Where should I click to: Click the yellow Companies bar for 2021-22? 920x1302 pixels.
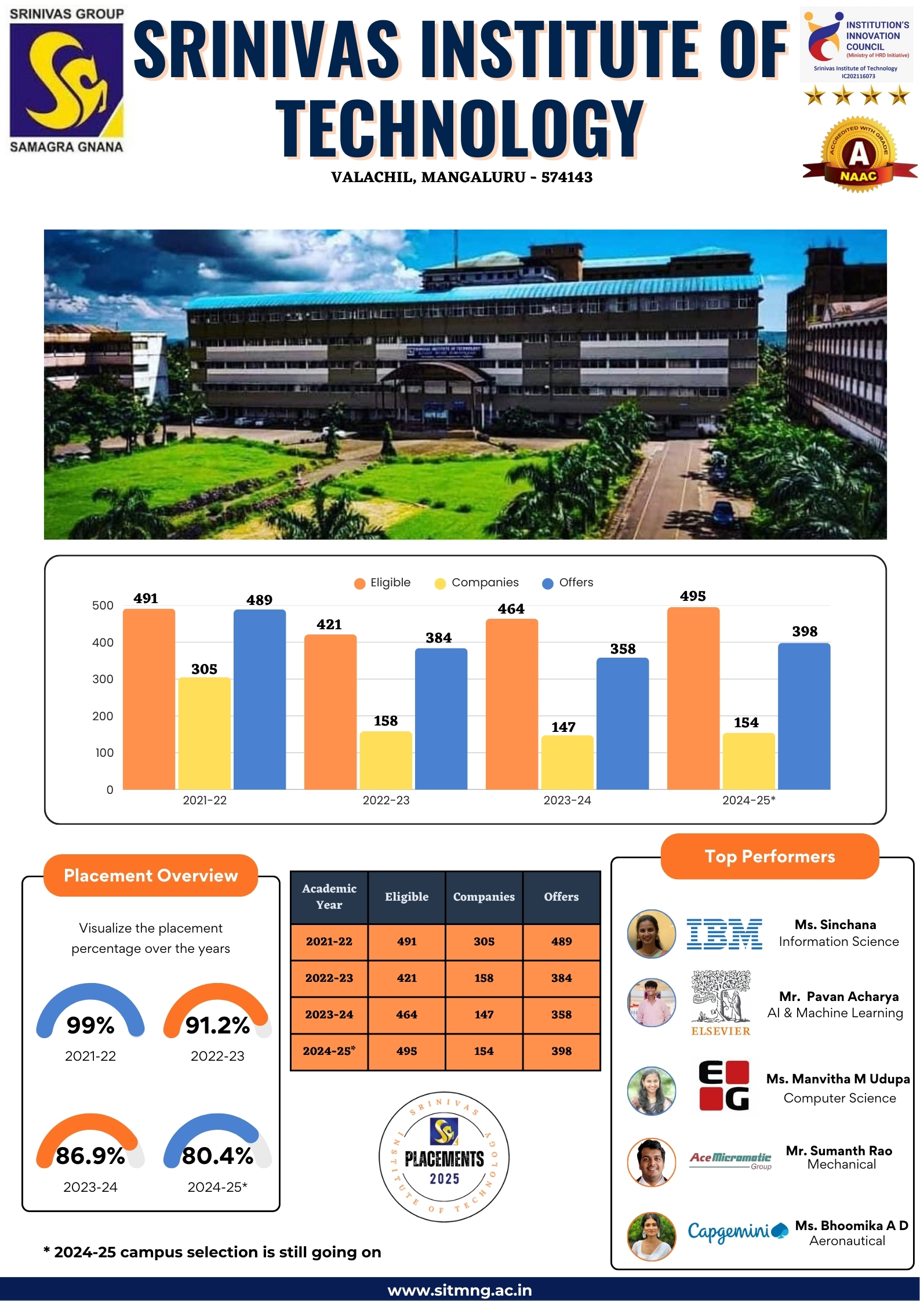coord(204,733)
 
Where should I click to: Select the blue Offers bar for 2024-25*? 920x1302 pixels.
coord(803,716)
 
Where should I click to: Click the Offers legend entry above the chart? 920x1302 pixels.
coord(568,582)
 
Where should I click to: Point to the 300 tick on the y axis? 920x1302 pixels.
coord(103,679)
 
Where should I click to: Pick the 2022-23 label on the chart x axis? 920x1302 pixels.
coord(386,800)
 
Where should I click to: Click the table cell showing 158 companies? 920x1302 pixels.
coord(484,978)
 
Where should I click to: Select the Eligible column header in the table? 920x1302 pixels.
coord(406,897)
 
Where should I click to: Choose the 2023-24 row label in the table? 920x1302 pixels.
coord(329,1014)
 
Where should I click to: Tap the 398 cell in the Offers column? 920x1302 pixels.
coord(561,1051)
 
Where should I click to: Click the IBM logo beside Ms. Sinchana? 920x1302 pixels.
coord(724,934)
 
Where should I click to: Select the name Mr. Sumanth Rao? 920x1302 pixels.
coord(839,1151)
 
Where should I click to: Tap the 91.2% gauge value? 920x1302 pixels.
coord(217,1025)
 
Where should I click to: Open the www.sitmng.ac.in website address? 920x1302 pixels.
coord(460,1290)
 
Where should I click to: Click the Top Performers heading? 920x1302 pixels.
coord(769,857)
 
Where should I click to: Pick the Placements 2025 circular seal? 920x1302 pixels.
coord(444,1157)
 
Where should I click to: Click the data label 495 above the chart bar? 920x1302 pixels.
coord(693,596)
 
